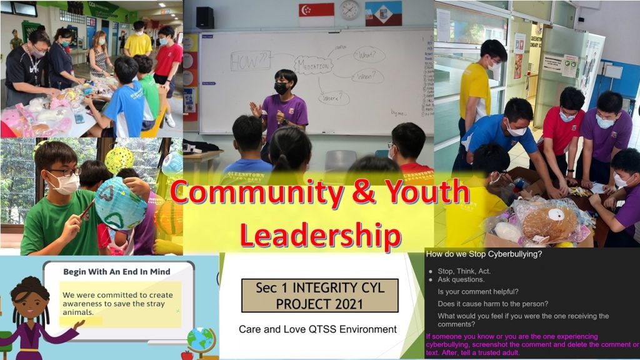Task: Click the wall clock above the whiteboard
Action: pos(350,9)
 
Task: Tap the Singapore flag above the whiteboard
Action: pos(316,14)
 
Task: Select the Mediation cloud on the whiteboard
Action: pos(314,65)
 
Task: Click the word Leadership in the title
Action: pos(320,236)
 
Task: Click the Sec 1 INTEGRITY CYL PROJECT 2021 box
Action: pos(319,296)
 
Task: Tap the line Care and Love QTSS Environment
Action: pos(317,329)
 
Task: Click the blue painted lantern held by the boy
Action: pos(121,204)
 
